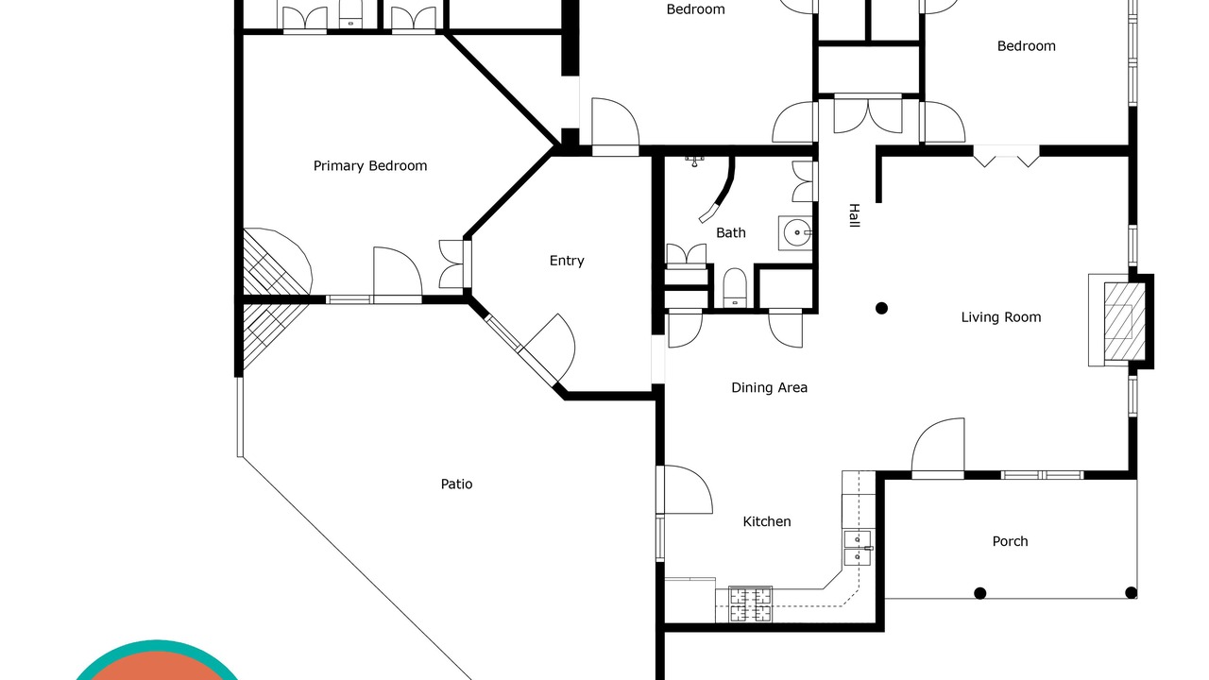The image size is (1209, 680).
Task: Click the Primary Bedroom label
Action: (x=370, y=165)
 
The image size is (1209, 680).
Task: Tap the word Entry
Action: (x=567, y=261)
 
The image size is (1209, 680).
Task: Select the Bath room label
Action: (x=731, y=232)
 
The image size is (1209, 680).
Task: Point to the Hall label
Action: (x=854, y=215)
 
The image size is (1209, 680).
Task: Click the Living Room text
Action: (x=1001, y=317)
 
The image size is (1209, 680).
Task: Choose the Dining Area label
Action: (x=769, y=387)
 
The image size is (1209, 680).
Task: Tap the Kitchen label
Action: (x=767, y=521)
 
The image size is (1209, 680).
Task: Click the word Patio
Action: (x=456, y=484)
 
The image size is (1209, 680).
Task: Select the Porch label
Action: (x=1010, y=541)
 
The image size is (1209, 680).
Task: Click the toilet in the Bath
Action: (x=734, y=288)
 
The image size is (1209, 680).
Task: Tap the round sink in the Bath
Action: (x=796, y=233)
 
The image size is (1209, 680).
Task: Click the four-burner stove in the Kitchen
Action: (x=750, y=603)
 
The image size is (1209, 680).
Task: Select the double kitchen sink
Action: (x=857, y=548)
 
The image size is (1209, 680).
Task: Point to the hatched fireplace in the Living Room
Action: (x=1124, y=322)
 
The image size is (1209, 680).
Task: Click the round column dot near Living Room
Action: (x=881, y=308)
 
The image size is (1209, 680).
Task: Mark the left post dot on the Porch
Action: (x=980, y=593)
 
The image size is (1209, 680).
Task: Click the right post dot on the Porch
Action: (x=1131, y=593)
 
